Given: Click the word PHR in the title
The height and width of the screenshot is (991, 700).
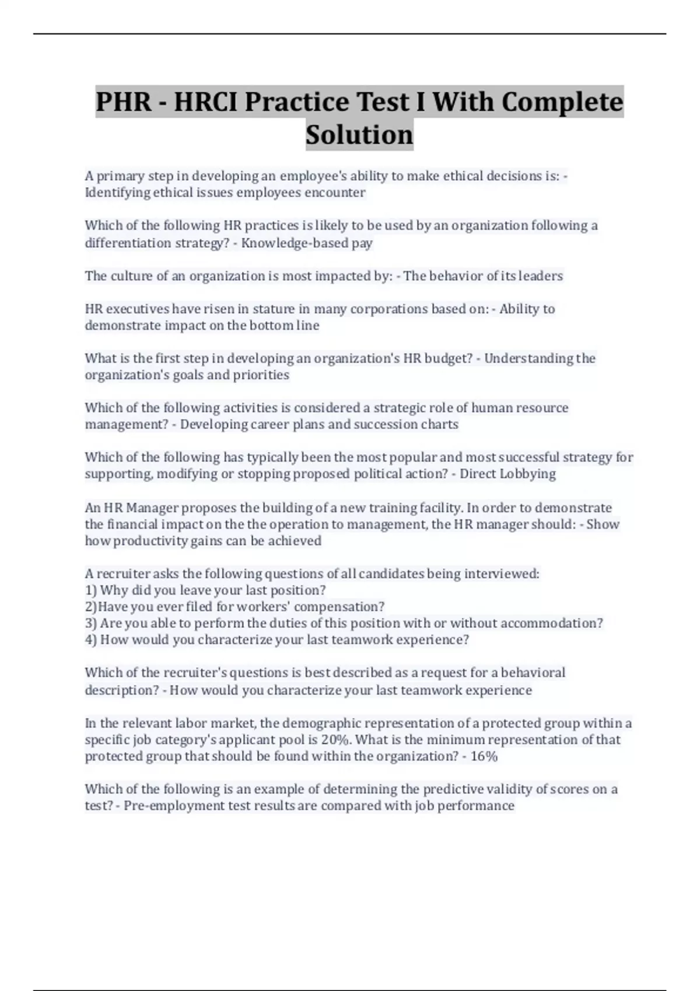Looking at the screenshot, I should (124, 102).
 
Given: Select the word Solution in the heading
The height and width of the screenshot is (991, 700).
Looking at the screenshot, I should (359, 135).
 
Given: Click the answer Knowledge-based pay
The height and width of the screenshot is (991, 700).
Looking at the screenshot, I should (307, 243).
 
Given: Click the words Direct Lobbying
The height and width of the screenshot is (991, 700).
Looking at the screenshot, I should (508, 473).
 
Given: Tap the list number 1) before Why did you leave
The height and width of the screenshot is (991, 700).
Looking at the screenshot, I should (91, 590).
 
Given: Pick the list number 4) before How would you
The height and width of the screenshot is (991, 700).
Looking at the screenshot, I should (91, 639).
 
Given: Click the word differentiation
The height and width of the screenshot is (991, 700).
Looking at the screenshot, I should (128, 243).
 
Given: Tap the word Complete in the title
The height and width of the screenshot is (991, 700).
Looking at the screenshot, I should (562, 102).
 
